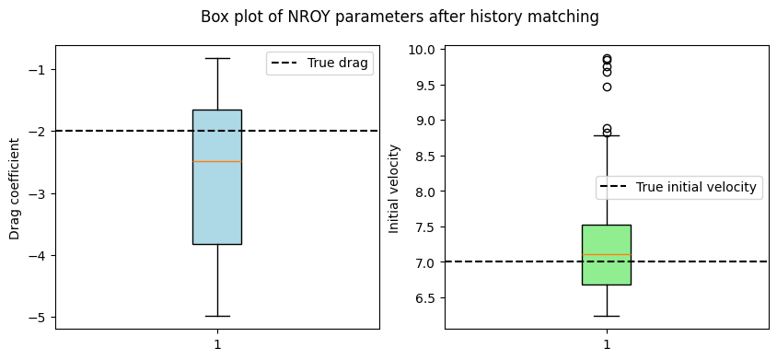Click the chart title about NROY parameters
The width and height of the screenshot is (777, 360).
click(400, 17)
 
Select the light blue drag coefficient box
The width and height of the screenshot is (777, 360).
click(217, 177)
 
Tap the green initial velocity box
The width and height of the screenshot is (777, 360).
click(607, 255)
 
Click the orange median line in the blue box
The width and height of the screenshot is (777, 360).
click(217, 162)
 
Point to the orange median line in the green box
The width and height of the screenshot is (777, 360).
click(607, 254)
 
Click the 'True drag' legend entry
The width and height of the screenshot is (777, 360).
click(320, 63)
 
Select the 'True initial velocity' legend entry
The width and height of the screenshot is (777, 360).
click(678, 187)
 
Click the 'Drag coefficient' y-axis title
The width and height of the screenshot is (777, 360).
click(15, 189)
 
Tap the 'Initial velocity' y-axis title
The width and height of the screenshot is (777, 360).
click(394, 189)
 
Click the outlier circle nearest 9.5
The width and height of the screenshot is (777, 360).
click(607, 87)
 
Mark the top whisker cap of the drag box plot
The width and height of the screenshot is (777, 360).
click(217, 59)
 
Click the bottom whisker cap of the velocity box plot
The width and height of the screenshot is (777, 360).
click(607, 316)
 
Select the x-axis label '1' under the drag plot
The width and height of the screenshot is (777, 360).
click(217, 344)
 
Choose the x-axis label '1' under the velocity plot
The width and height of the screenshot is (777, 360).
click(607, 344)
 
